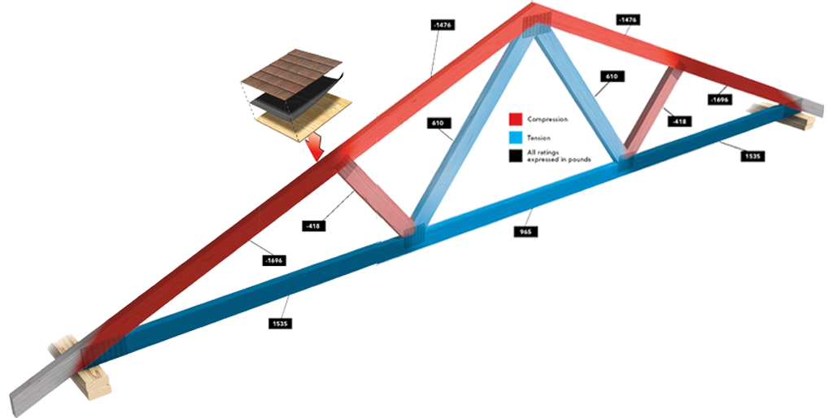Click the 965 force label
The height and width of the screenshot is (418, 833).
(527, 232)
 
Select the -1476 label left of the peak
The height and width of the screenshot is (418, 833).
(443, 25)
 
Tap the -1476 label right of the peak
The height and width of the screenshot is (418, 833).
(627, 19)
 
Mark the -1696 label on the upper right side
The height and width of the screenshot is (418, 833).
(719, 99)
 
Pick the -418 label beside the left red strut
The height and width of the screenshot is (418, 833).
(312, 225)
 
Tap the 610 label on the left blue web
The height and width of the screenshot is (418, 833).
(438, 123)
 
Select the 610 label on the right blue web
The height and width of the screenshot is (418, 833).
(612, 76)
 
